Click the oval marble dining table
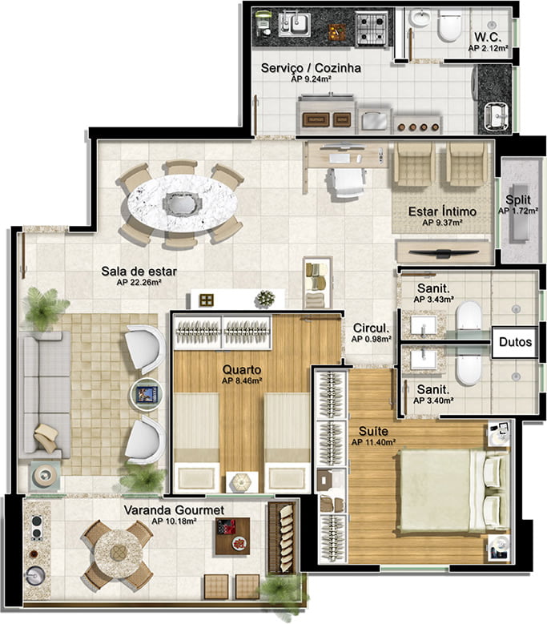[x=183, y=203]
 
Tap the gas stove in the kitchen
[x=371, y=28]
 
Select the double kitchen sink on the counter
[x=295, y=24]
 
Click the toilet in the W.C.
[x=449, y=26]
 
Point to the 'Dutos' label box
[x=515, y=342]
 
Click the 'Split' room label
[x=518, y=199]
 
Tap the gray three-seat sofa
[x=46, y=396]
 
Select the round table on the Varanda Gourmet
[x=119, y=553]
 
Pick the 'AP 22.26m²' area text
[x=139, y=283]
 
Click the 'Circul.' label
[x=371, y=328]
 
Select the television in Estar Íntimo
[x=444, y=252]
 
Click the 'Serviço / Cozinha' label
[x=311, y=68]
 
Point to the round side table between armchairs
[x=147, y=394]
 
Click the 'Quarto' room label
[x=242, y=369]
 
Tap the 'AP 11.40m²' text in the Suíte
[x=373, y=442]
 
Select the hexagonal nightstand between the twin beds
[x=242, y=483]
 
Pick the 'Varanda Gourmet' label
[x=174, y=510]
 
